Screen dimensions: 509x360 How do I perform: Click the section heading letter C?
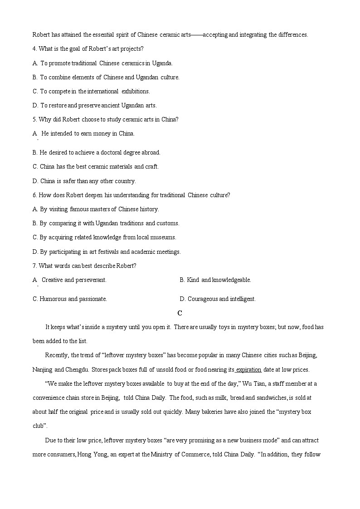[180, 313]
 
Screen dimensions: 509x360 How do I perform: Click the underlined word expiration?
[248, 369]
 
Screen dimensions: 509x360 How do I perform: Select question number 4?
[34, 48]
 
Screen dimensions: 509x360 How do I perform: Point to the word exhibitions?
[136, 91]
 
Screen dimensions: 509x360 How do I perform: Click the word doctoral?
[113, 152]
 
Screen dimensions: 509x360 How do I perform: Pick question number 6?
[34, 195]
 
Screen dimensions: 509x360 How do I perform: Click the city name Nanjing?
[43, 369]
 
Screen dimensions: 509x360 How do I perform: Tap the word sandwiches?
[270, 398]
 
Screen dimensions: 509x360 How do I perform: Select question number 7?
[34, 266]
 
